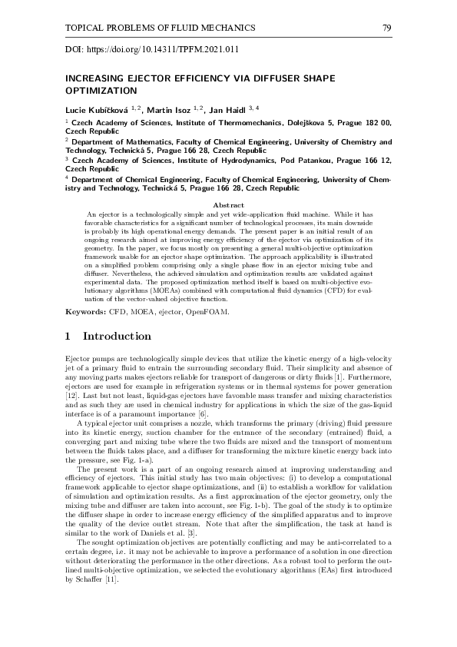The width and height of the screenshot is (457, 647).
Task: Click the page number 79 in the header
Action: tap(386, 28)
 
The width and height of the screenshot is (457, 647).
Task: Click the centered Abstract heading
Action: tap(227, 205)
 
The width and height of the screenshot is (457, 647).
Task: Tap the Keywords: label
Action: tap(84, 314)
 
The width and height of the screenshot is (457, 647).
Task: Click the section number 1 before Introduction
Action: tap(68, 337)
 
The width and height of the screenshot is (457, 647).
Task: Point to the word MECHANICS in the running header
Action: tap(227, 28)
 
